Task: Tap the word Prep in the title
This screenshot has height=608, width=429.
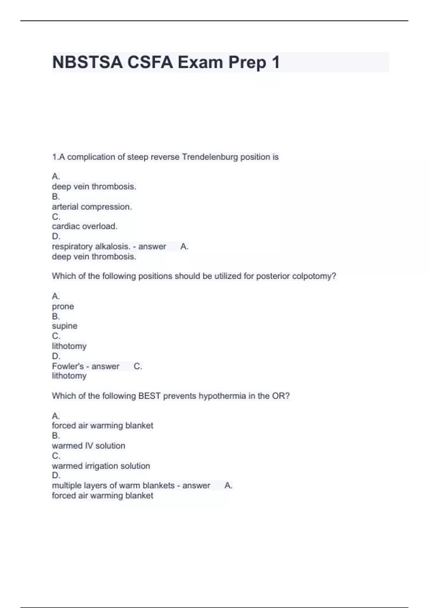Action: coord(247,62)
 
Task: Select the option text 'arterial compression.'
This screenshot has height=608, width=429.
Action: coord(92,207)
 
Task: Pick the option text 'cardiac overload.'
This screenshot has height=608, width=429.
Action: coord(85,226)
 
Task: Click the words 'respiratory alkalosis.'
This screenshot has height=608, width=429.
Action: coord(91,246)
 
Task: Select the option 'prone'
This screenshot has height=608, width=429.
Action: coord(63,307)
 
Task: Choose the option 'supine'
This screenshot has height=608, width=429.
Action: coord(65,326)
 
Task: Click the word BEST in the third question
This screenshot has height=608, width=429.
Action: coord(149,396)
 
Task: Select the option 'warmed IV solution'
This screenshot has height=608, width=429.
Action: coord(89,446)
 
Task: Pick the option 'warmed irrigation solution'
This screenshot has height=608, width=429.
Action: coord(101,466)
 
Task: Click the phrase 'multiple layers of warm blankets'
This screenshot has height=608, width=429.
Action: coord(113,485)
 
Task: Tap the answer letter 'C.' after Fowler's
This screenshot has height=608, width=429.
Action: coord(138,366)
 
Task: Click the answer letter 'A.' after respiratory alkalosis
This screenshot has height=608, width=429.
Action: coord(184,246)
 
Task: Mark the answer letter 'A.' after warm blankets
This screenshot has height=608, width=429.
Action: coord(228,485)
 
